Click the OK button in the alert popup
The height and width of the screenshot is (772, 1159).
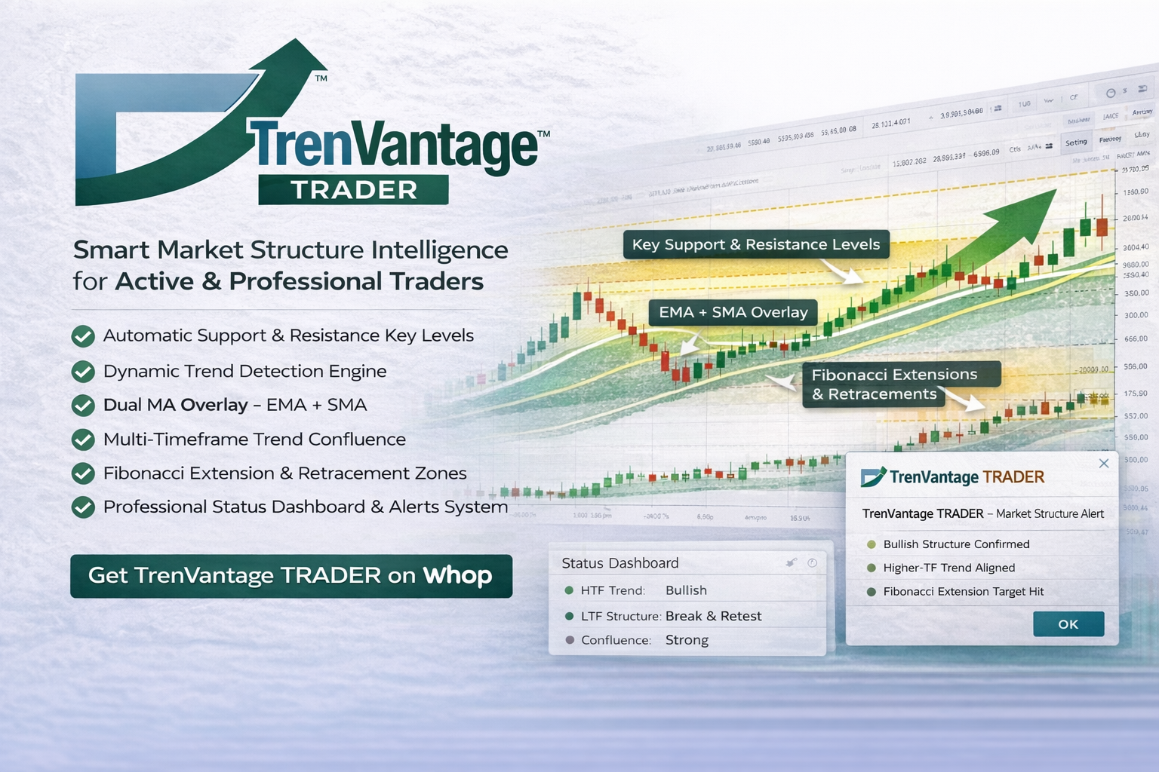click(x=1068, y=624)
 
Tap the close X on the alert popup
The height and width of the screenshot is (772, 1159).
click(x=1104, y=463)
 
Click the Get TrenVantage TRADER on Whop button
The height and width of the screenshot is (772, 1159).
click(x=291, y=576)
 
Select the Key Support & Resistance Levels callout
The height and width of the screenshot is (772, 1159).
click(x=755, y=245)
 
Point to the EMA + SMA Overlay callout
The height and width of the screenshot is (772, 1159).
click(x=733, y=312)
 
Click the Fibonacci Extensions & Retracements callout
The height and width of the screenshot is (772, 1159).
click(x=894, y=384)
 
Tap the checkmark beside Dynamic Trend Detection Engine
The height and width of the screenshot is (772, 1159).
click(x=83, y=372)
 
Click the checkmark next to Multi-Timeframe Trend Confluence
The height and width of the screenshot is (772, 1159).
click(x=83, y=440)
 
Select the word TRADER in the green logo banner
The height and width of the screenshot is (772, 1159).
click(x=354, y=190)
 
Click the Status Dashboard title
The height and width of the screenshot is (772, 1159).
click(x=619, y=563)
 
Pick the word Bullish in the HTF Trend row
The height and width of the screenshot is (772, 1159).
click(x=686, y=590)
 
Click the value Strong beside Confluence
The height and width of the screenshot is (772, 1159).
click(x=687, y=640)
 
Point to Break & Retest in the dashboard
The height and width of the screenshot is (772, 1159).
click(x=713, y=616)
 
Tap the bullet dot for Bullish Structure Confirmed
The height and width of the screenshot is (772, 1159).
click(x=872, y=544)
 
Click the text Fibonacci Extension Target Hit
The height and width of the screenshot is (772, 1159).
click(x=963, y=592)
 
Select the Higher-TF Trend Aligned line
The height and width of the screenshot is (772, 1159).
click(x=948, y=568)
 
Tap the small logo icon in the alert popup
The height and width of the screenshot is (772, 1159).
click(x=873, y=477)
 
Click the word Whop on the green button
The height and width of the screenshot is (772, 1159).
click(x=457, y=575)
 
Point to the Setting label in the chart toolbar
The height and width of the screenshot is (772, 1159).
click(x=1076, y=142)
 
